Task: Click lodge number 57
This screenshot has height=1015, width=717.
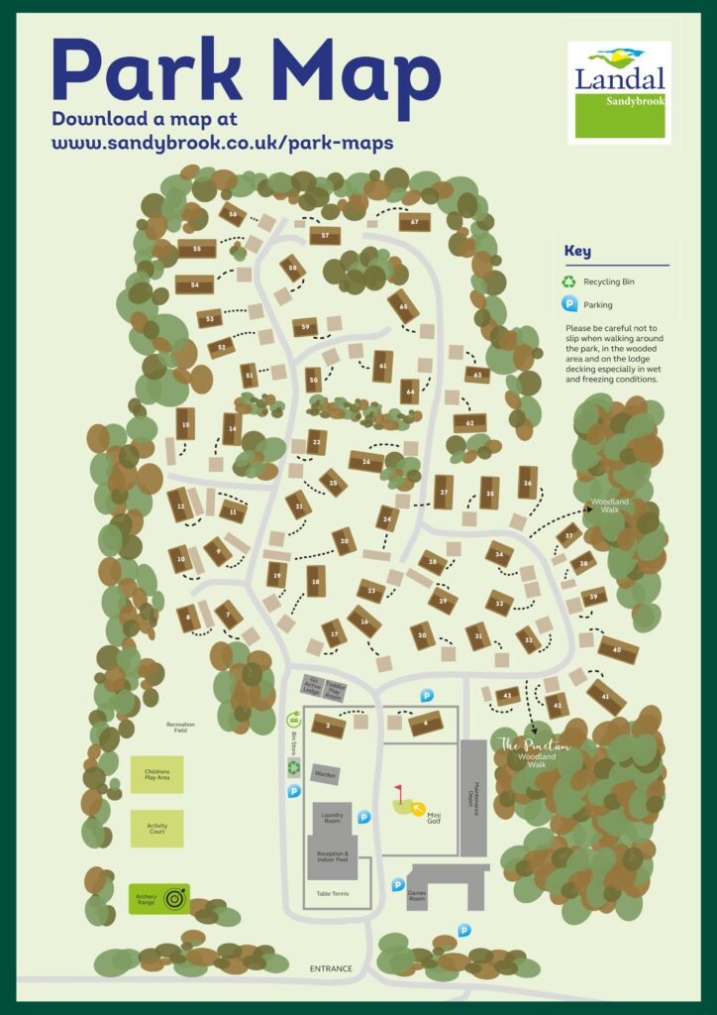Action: coord(324,235)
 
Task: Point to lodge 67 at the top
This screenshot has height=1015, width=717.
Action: coord(414,223)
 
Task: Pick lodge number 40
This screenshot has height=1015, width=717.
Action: coord(617,649)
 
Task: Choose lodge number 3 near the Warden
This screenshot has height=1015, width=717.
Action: coord(328,727)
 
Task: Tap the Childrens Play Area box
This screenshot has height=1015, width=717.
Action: coord(157,774)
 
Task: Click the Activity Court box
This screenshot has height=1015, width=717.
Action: coord(157,828)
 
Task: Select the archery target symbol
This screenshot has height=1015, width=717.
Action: coord(175,899)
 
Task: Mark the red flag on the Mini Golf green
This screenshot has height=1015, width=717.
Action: coord(401,793)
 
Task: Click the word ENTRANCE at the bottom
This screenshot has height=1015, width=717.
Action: coord(331,968)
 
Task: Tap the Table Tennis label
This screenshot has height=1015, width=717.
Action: coord(331,893)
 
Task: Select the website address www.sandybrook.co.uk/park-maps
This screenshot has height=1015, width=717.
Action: coord(222,142)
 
